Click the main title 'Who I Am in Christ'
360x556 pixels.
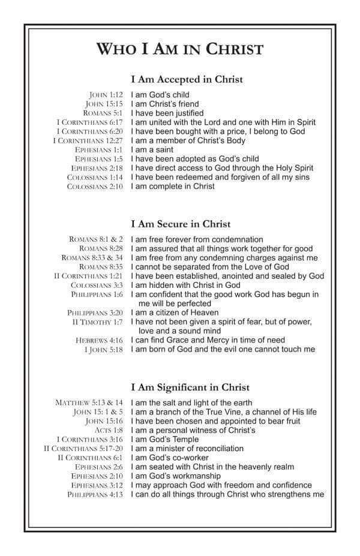point(179,48)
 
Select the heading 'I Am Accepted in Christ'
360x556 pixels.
point(187,79)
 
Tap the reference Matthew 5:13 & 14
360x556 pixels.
point(89,403)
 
